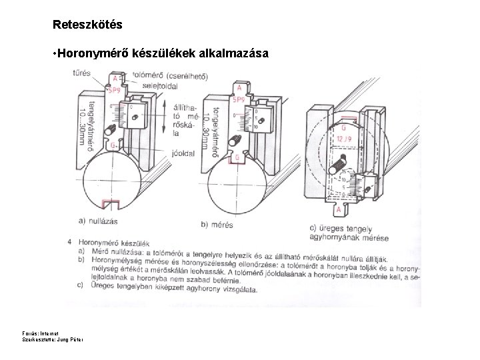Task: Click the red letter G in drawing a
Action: pyautogui.click(x=114, y=145)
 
